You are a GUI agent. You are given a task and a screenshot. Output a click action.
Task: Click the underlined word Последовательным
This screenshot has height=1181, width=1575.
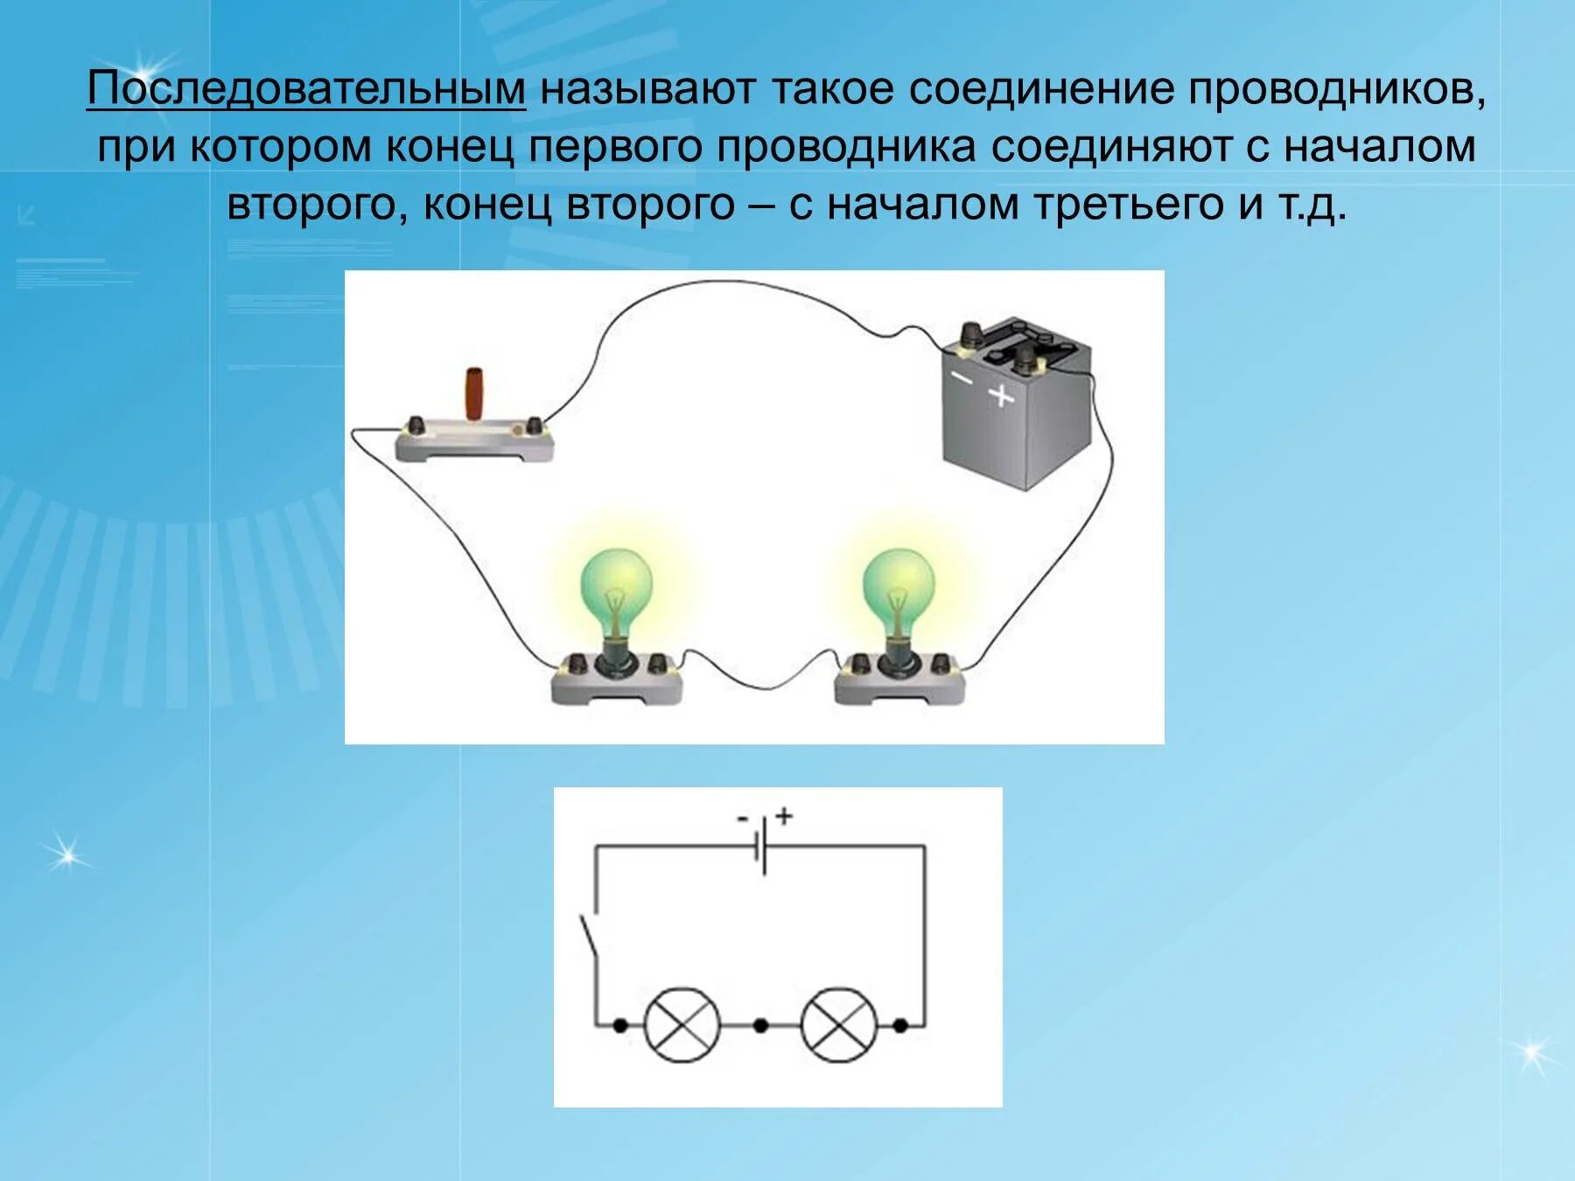click(x=306, y=89)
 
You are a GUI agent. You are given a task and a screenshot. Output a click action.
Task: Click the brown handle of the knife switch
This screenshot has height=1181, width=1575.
click(x=473, y=395)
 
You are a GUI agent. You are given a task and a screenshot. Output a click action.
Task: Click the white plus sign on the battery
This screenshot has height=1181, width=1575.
click(x=1001, y=395)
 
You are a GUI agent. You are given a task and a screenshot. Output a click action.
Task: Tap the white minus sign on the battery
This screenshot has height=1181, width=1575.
click(x=962, y=378)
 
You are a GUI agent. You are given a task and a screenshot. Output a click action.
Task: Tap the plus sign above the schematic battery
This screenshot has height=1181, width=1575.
click(x=784, y=816)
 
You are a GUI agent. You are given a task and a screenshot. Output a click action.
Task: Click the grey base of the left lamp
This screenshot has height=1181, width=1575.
click(x=617, y=687)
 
